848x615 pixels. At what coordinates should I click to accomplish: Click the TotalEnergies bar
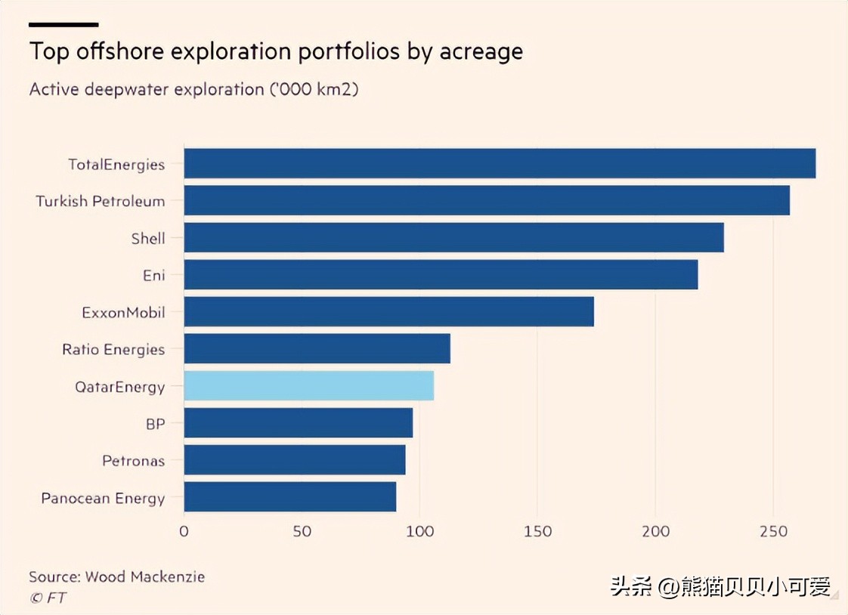tap(500, 163)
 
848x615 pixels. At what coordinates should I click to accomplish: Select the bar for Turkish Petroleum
tap(487, 200)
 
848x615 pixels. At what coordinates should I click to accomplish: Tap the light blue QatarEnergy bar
tap(308, 386)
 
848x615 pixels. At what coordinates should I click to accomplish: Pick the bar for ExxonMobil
tap(388, 311)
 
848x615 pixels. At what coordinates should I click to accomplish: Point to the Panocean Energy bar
tap(289, 497)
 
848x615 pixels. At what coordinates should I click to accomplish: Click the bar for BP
tap(298, 423)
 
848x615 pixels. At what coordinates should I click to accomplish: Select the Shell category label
tap(148, 238)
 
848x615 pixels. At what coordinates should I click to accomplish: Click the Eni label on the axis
tap(153, 275)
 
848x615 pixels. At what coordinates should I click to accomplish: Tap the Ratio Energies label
tap(113, 349)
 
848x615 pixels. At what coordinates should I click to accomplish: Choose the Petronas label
tap(134, 460)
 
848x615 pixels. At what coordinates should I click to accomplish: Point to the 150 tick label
tap(537, 531)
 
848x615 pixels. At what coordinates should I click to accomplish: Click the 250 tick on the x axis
tap(773, 531)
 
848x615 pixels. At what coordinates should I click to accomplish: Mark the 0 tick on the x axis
tap(184, 531)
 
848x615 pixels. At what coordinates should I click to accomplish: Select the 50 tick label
tap(302, 531)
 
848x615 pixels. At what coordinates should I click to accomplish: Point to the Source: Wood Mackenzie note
tap(116, 576)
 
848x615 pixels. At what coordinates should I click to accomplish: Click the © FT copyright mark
tap(47, 598)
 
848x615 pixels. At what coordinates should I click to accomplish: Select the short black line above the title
tap(63, 25)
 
